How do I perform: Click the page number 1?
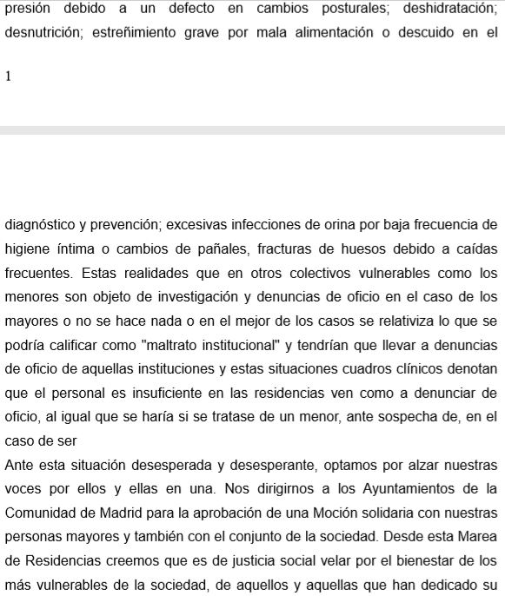coord(9,76)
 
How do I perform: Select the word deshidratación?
coord(447,10)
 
